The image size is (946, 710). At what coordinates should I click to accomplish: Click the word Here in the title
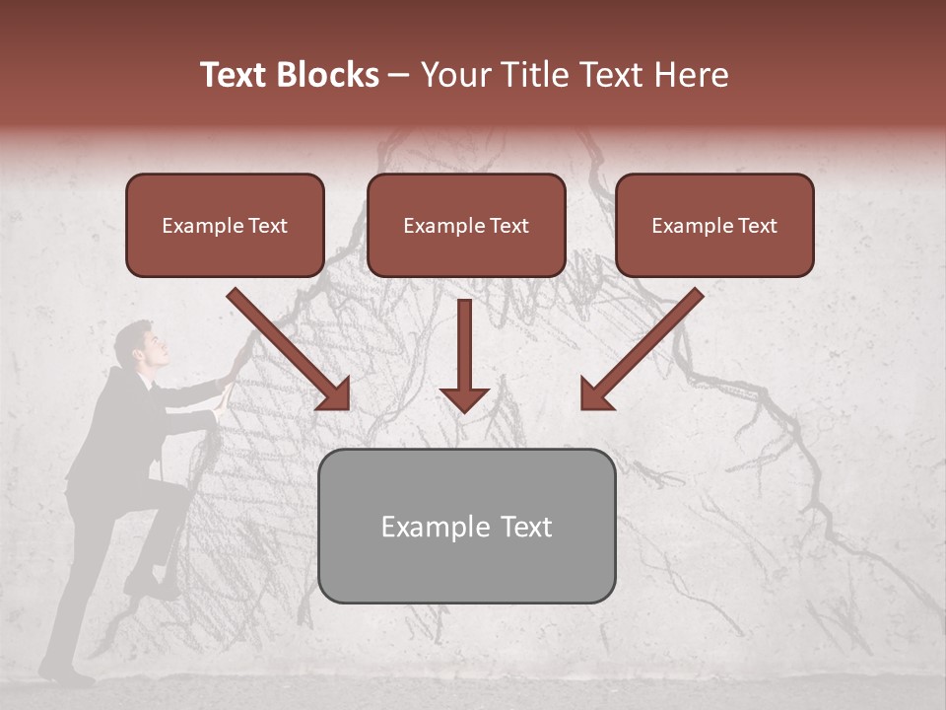click(691, 75)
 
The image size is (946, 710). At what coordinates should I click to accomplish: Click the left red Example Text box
click(225, 225)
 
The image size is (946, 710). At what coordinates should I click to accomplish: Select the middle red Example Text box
click(466, 225)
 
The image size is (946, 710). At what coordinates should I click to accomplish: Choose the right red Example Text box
click(714, 225)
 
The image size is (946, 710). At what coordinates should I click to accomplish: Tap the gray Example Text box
click(466, 526)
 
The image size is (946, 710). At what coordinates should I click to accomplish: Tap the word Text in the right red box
click(757, 225)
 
